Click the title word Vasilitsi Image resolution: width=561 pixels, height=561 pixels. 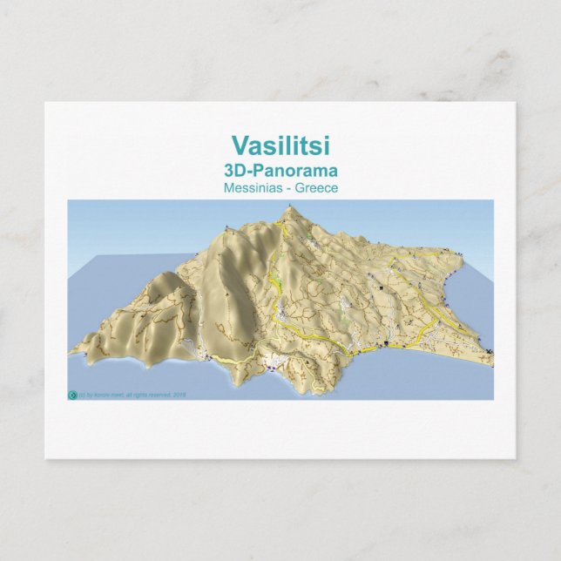pyautogui.click(x=280, y=145)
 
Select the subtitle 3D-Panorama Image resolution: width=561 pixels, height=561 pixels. pyautogui.click(x=280, y=171)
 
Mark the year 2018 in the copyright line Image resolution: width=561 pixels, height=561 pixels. pyautogui.click(x=180, y=395)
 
